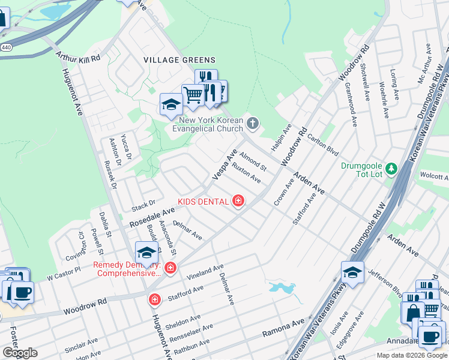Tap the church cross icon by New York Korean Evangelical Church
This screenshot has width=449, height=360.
(253, 124)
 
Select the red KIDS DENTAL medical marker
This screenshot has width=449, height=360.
(238, 201)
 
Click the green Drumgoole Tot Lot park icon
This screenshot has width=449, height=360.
(391, 169)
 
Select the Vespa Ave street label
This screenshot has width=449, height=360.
(224, 164)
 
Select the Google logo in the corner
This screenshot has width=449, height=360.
(20, 353)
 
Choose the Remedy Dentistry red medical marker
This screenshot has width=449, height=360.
(170, 268)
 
